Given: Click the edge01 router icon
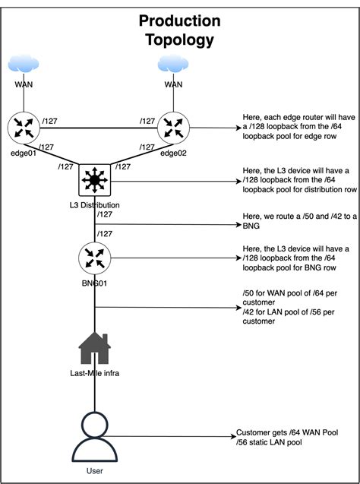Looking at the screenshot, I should pos(24,128).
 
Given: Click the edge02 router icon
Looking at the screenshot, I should pos(174,128).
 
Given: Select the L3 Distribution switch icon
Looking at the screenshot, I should pos(96,182).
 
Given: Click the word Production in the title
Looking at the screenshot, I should pos(180,21).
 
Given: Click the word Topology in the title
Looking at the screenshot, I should pos(180,40).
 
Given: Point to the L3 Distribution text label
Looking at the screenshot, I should pos(96,206).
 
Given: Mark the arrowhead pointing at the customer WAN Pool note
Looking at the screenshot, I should pos(232,437).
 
